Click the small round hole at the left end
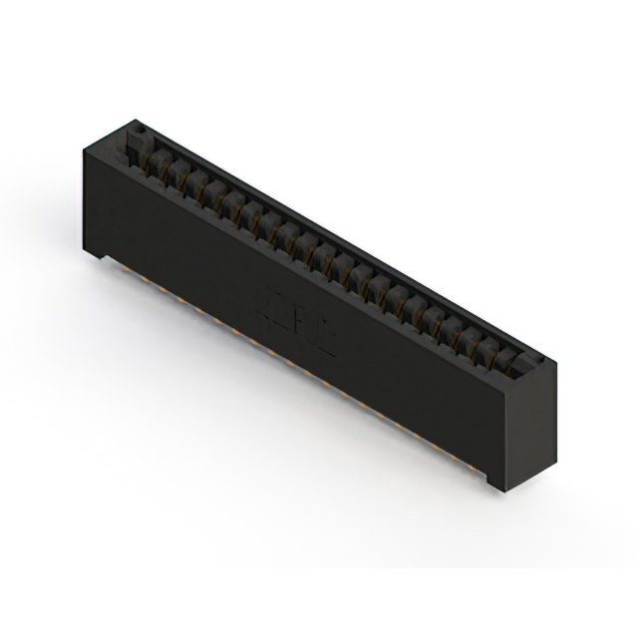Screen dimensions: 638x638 pos(140,130)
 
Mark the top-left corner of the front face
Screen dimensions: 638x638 pos(81,146)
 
